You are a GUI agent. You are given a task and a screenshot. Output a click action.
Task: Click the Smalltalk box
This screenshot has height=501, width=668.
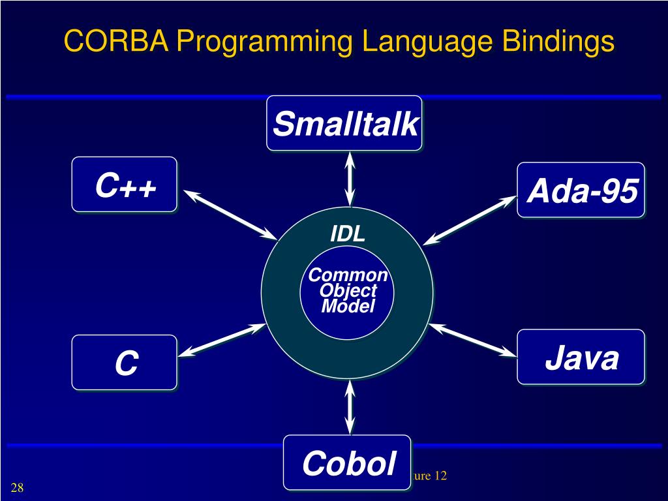344,123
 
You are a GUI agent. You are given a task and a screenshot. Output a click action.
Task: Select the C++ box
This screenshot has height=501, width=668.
125,185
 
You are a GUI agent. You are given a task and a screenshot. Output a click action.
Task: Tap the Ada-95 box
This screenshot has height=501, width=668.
581,190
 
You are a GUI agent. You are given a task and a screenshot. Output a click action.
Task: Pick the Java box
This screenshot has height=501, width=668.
581,357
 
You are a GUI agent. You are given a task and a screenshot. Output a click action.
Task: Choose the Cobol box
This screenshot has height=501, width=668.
348,463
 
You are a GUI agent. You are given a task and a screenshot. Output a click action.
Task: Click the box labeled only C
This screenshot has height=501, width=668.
125,363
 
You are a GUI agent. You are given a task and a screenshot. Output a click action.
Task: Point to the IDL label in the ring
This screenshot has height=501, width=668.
348,234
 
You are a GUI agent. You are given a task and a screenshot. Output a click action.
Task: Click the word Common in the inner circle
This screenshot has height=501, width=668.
348,275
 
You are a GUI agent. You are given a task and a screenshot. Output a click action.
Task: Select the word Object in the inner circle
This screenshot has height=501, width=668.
348,291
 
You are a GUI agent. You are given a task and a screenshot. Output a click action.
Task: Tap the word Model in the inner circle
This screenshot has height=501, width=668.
348,306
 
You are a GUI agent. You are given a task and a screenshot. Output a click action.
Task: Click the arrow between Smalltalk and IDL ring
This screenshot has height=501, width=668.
350,178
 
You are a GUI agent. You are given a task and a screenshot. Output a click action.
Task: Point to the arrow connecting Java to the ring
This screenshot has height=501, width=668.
473,339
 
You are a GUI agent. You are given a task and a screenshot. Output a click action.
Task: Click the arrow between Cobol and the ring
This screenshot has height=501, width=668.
350,408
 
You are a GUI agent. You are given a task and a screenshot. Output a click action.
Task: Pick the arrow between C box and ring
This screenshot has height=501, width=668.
222,340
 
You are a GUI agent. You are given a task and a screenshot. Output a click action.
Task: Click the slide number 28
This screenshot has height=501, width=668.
17,488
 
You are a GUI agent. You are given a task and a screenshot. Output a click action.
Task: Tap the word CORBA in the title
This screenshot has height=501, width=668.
116,42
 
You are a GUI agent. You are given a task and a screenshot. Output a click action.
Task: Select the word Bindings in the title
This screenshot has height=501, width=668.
558,42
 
